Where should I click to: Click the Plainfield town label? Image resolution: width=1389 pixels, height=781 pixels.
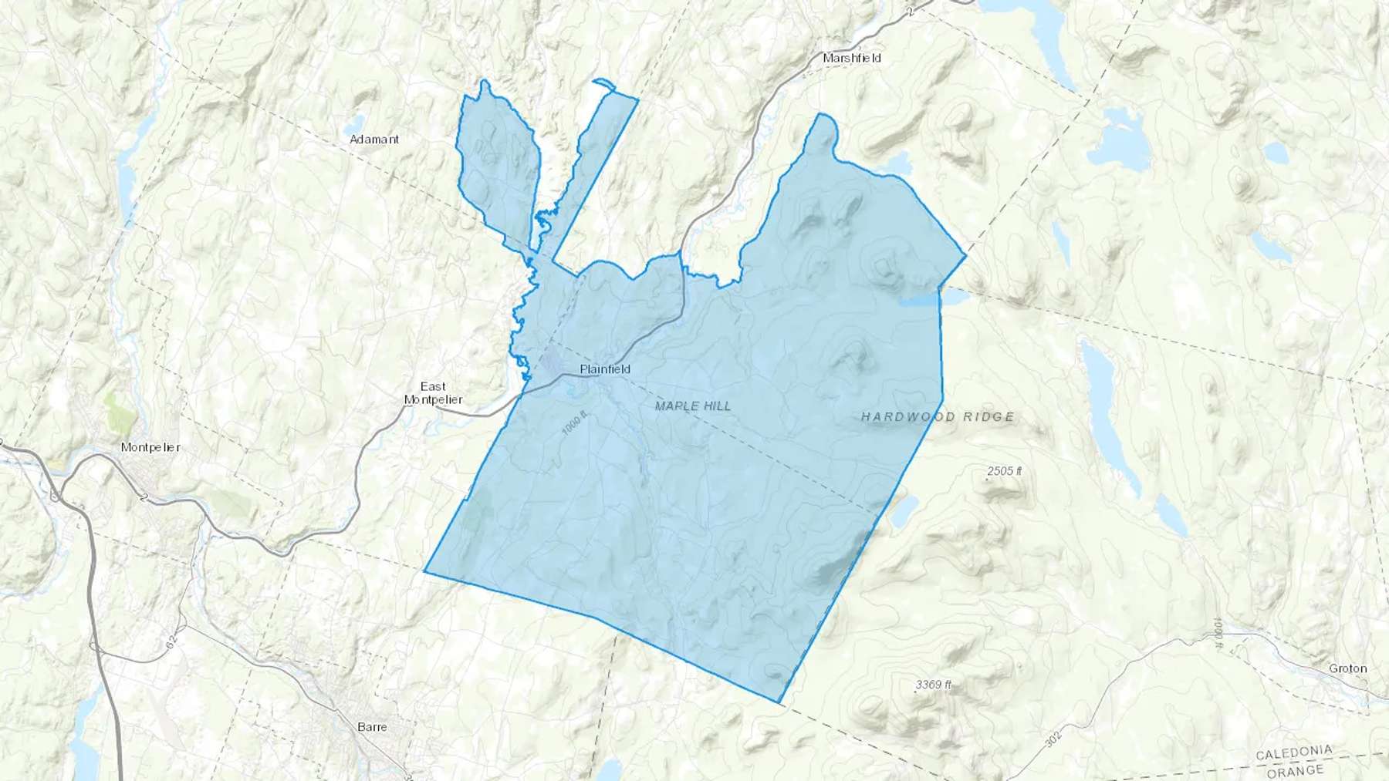(605, 369)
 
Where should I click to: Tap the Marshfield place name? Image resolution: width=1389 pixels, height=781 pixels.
(852, 58)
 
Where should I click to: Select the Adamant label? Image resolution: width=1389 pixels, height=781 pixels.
(374, 140)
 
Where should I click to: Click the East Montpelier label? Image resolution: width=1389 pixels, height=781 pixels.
(433, 392)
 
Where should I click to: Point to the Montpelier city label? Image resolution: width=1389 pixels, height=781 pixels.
(150, 447)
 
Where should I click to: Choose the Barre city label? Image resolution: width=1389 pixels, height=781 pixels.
(372, 726)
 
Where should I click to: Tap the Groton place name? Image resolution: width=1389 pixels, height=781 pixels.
(1348, 668)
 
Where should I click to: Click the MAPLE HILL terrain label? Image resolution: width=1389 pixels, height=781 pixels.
(692, 406)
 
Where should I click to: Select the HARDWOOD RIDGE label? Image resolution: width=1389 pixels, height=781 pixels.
(938, 417)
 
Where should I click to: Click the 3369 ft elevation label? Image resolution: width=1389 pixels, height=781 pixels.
(934, 685)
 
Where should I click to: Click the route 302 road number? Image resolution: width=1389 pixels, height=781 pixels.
(1053, 738)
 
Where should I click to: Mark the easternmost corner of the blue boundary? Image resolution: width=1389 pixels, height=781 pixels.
(965, 255)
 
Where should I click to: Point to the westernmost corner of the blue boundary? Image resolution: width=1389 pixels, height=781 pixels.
(425, 571)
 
